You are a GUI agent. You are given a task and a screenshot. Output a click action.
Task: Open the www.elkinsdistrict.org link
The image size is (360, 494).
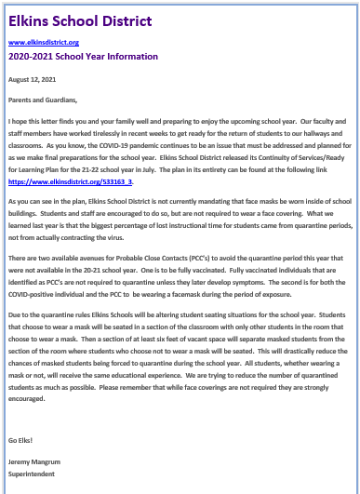click(44, 42)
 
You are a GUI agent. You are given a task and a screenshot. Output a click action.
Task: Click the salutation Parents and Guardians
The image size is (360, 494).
click(43, 100)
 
